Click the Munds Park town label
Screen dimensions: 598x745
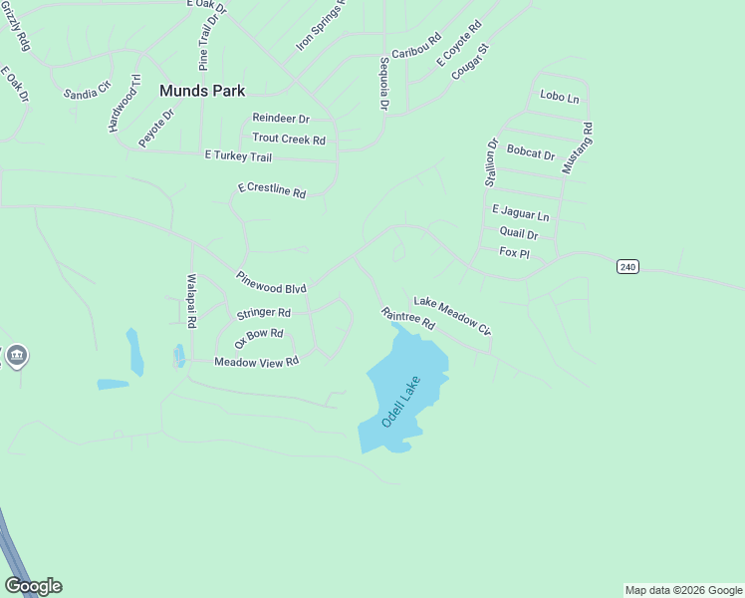(202, 90)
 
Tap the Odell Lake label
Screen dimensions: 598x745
(401, 403)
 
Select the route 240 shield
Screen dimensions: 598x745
(627, 267)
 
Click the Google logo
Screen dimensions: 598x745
(33, 585)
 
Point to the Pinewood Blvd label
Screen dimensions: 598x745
(271, 282)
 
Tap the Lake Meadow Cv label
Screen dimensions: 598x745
(453, 316)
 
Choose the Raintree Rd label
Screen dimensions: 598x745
(408, 318)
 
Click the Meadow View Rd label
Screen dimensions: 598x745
(257, 362)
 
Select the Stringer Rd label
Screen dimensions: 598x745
(263, 314)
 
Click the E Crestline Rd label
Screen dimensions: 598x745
(271, 189)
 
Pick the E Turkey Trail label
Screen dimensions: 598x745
(238, 156)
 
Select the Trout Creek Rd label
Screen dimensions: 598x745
(289, 140)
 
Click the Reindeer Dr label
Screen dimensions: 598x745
(281, 118)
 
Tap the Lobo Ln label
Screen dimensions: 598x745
(559, 97)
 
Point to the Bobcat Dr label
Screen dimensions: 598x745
(530, 153)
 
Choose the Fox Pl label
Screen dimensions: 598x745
(514, 253)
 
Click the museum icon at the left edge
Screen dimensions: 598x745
(17, 356)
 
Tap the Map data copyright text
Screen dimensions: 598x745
(683, 590)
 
